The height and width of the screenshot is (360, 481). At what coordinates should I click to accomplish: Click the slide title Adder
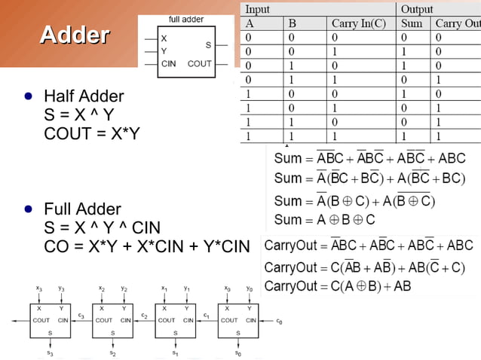(75, 35)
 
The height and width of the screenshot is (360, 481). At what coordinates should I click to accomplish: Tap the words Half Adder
(84, 96)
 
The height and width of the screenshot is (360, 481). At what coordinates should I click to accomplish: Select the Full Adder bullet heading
(82, 209)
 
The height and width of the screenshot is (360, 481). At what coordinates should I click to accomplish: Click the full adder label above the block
(185, 19)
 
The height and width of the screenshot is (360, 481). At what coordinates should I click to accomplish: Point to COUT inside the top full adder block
(200, 64)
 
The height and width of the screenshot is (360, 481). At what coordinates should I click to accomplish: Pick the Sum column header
(412, 23)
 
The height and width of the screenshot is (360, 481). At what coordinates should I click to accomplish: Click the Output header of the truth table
(417, 9)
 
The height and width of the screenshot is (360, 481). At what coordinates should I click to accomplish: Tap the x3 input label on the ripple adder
(39, 288)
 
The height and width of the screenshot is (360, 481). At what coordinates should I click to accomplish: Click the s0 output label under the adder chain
(238, 352)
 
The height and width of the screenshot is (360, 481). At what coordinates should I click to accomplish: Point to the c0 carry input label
(279, 321)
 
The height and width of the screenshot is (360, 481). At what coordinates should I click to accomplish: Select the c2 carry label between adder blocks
(144, 315)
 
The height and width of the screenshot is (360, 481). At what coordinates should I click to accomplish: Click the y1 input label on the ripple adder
(186, 288)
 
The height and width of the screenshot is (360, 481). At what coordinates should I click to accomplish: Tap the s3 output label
(50, 352)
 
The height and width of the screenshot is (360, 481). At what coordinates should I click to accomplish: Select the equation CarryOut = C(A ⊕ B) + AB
(338, 286)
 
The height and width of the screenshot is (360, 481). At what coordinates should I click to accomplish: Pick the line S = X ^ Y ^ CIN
(103, 227)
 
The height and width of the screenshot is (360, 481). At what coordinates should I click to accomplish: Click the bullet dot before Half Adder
(28, 97)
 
